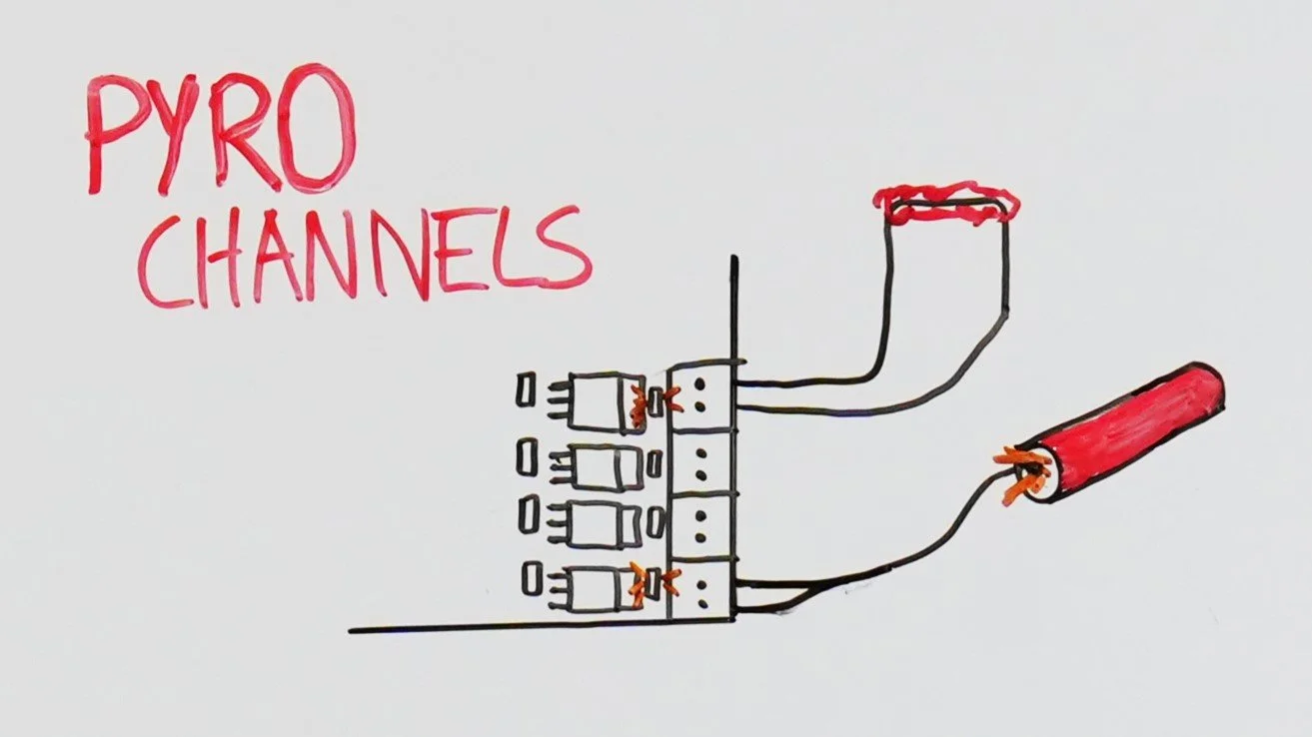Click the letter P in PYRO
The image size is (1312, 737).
[x=113, y=135]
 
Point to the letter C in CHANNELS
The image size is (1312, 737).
[x=165, y=262]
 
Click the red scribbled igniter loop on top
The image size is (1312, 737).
[x=946, y=203]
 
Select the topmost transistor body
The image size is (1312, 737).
[x=608, y=401]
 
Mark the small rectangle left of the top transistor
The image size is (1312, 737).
[x=527, y=390]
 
